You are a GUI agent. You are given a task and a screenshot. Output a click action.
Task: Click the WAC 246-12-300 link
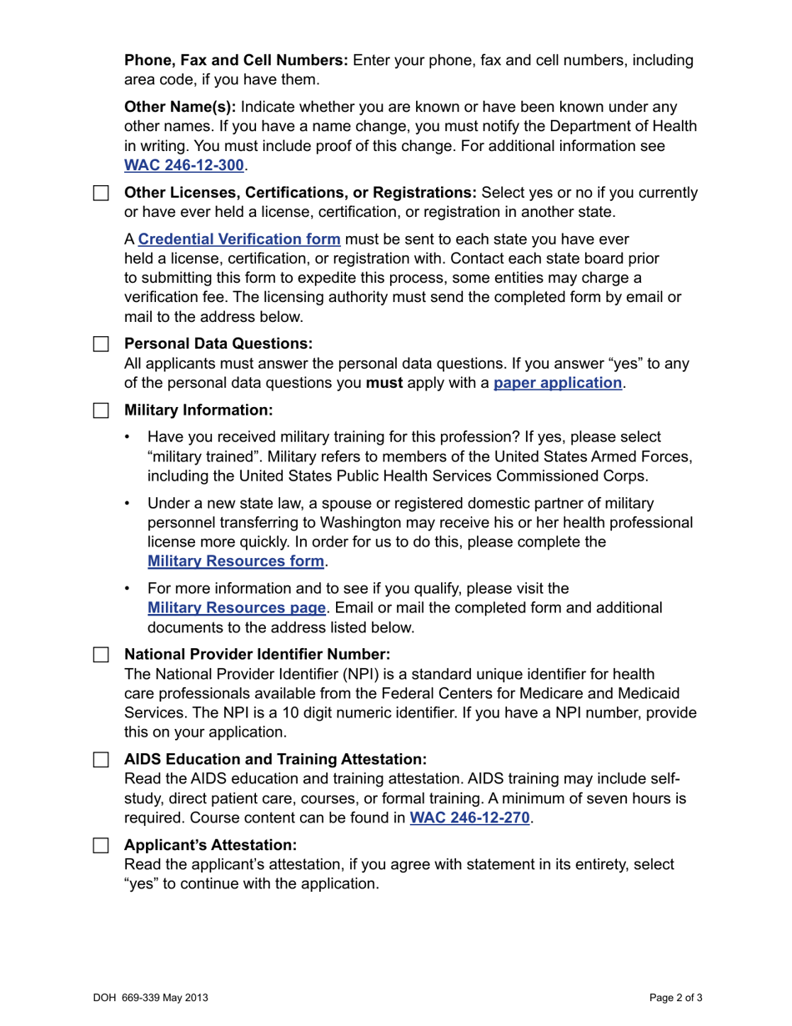[183, 165]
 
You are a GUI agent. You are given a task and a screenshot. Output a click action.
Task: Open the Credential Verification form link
[239, 239]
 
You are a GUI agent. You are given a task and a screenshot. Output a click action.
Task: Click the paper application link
[558, 383]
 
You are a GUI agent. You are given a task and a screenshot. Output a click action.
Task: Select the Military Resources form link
[235, 561]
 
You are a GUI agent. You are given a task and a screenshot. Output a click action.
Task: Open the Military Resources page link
[236, 607]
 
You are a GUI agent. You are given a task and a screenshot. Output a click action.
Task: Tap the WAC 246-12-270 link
[469, 817]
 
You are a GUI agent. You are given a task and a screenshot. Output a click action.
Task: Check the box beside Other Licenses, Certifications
[101, 194]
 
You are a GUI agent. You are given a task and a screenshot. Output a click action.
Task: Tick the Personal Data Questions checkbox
[101, 344]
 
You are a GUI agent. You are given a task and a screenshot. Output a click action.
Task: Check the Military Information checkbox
[101, 410]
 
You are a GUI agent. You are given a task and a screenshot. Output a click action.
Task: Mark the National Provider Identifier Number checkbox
[101, 654]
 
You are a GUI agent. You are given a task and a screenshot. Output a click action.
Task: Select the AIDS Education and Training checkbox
[101, 759]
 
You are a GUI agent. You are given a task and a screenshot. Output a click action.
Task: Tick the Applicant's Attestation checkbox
[101, 845]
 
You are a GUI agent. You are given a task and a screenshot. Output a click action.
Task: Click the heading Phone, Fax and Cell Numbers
[236, 60]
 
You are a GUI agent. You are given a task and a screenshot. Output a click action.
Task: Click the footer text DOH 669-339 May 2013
[151, 998]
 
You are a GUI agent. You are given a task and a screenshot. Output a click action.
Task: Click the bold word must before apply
[384, 383]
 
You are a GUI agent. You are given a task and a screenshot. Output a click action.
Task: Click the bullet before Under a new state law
[127, 503]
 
